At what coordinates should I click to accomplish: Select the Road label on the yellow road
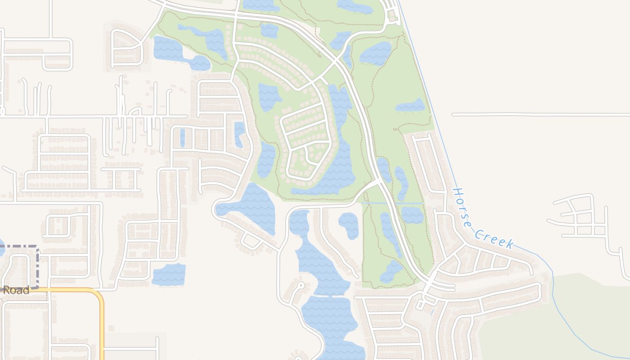(16, 290)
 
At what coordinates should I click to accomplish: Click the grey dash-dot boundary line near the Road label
(38, 265)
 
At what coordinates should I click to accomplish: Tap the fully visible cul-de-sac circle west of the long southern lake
(301, 285)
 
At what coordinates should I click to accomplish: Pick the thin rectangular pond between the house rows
(182, 138)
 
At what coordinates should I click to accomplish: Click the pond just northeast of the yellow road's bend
(169, 274)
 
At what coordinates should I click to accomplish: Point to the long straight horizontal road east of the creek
(540, 115)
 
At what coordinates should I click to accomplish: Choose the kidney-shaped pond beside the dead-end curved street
(349, 225)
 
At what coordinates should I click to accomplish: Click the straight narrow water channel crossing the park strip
(391, 203)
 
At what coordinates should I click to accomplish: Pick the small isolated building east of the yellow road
(111, 328)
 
